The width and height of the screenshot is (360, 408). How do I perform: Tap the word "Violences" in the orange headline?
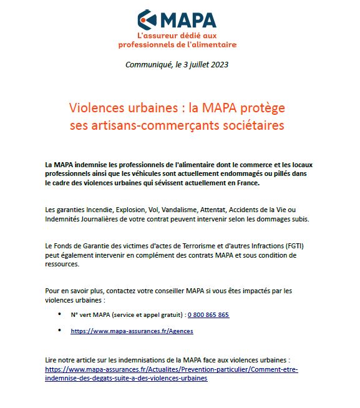(97, 108)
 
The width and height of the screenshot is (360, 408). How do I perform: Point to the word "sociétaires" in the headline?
(252, 125)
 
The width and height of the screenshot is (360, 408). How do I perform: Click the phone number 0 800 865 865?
(208, 314)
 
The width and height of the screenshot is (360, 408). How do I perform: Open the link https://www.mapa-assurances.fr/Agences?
(132, 331)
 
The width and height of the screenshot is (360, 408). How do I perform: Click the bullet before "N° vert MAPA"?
(59, 314)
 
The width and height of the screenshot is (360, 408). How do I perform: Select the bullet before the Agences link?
(59, 330)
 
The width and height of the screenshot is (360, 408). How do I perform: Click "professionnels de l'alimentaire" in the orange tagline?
(177, 45)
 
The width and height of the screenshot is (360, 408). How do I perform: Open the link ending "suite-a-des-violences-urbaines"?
(126, 378)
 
